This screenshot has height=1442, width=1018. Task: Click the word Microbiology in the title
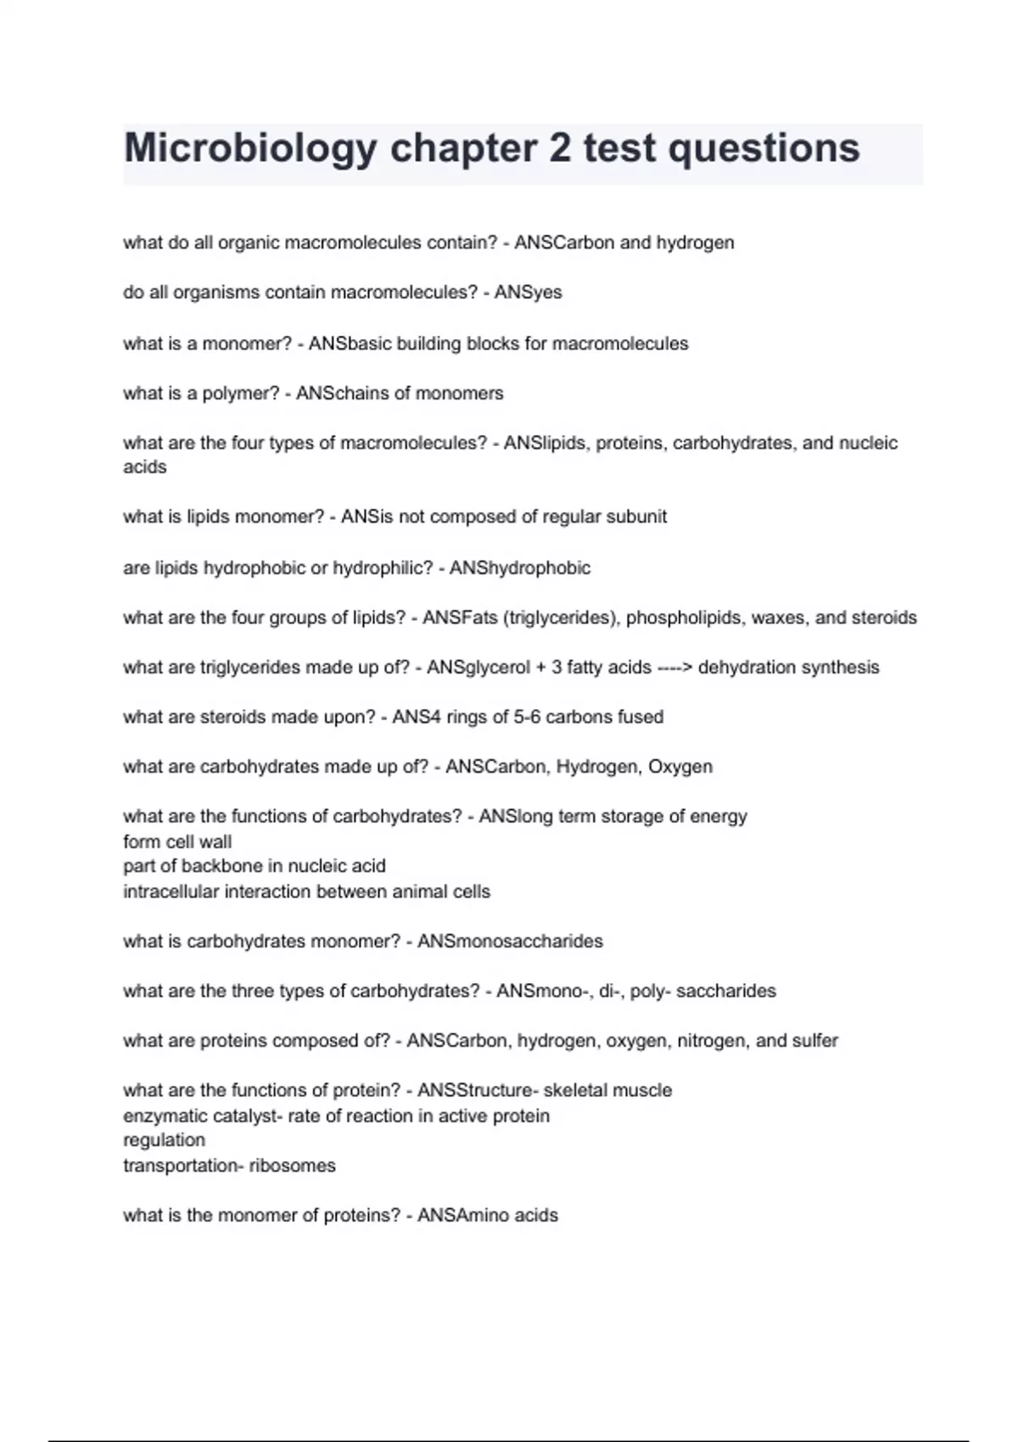coord(250,149)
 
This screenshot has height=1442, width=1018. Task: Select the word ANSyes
coord(528,293)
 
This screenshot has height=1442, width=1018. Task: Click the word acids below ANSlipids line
coord(145,467)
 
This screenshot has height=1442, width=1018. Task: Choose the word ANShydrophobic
coord(519,567)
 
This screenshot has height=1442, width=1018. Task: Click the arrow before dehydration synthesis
coord(674,668)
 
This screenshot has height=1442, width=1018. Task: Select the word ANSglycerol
coord(479,668)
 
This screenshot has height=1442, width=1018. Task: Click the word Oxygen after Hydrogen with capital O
coord(680,767)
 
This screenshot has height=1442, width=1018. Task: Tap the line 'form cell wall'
coord(177,841)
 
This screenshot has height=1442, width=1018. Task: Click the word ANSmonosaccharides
coord(510,942)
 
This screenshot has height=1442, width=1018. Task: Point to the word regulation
coord(164,1140)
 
